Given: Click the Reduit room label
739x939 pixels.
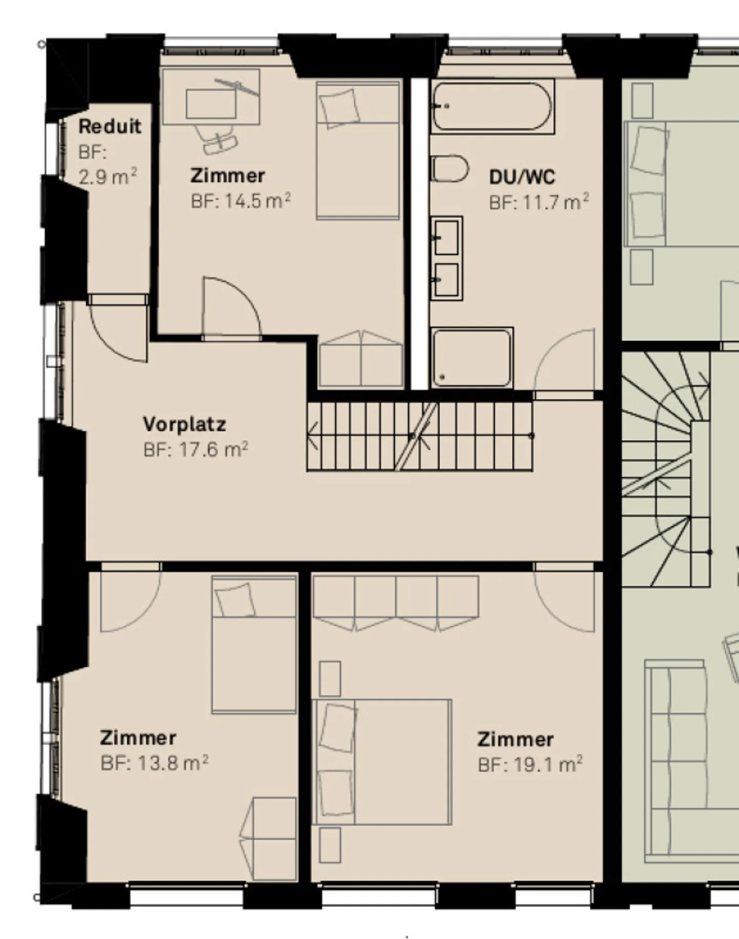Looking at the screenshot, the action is coord(109,126).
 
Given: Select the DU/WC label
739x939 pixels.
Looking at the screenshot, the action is coord(522,177).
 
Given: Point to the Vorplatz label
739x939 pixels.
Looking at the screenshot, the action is coord(184,425).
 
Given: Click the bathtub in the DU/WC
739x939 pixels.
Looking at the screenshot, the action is coord(493,107).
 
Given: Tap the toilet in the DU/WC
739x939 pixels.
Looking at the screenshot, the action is coord(450,169).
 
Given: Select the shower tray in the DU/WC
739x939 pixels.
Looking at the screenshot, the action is coord(472,358).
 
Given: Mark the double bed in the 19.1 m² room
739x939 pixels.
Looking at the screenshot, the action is coord(382,762).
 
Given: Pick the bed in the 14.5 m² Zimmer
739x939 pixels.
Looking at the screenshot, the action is coord(358,150).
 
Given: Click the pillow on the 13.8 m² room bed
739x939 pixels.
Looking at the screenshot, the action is coord(235,600).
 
